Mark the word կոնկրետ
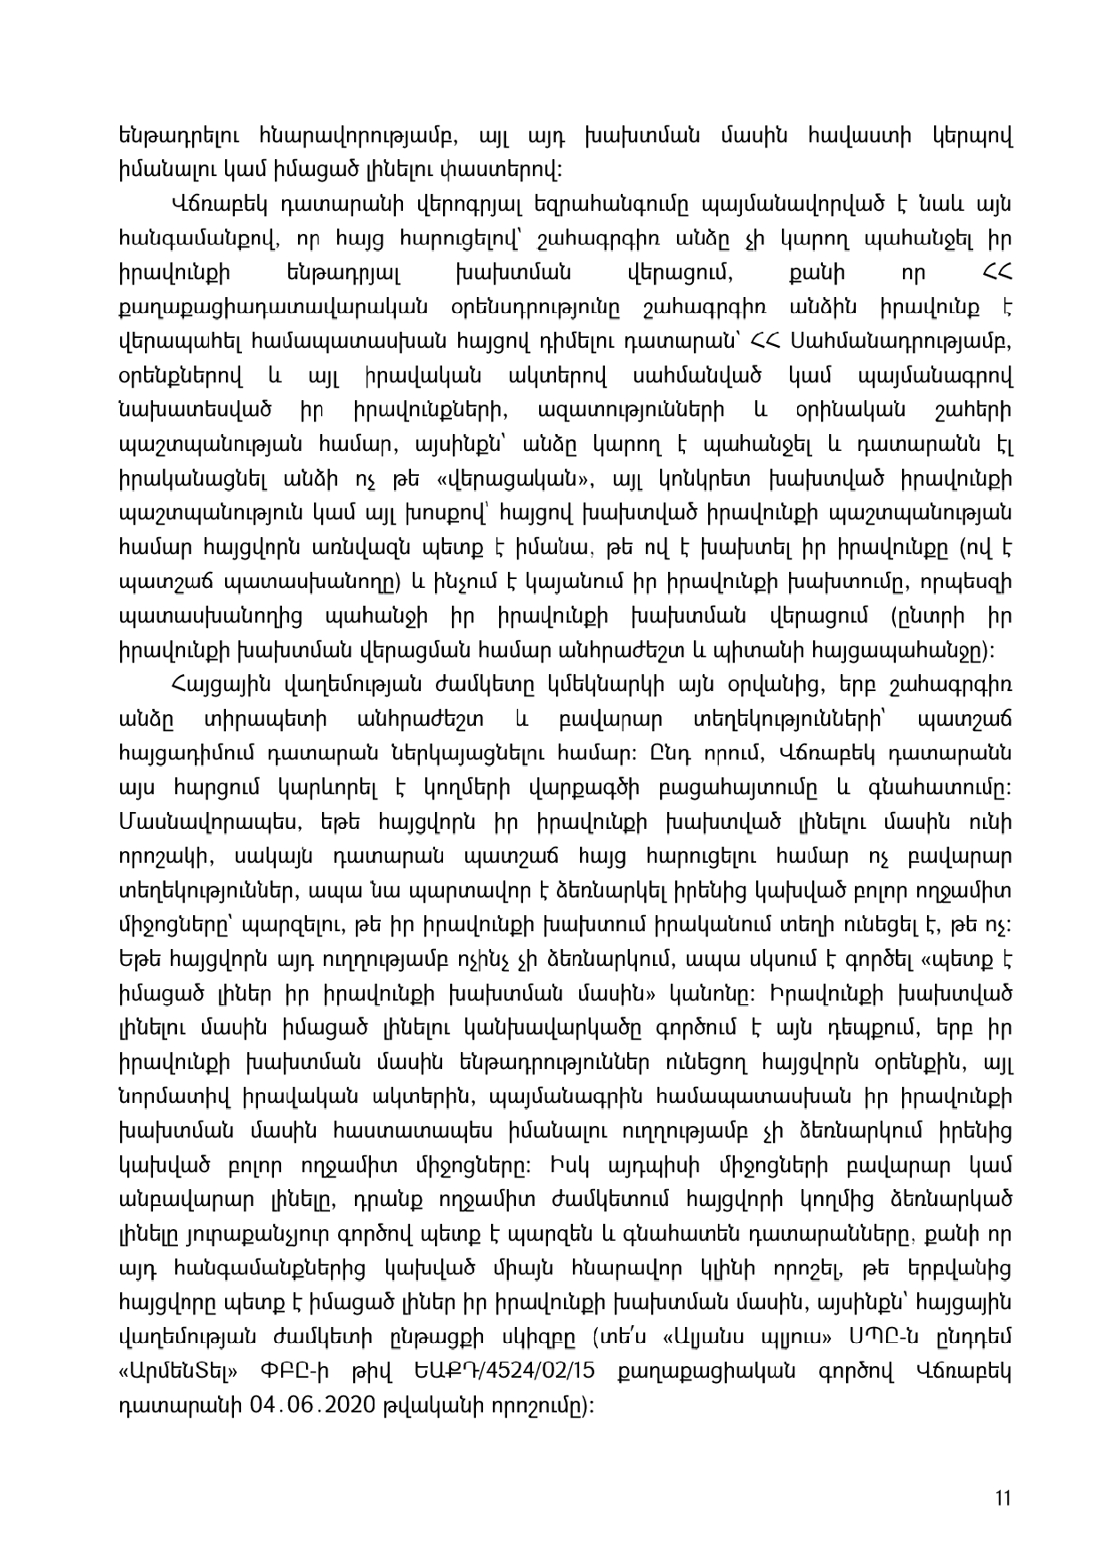[x=692, y=480]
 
